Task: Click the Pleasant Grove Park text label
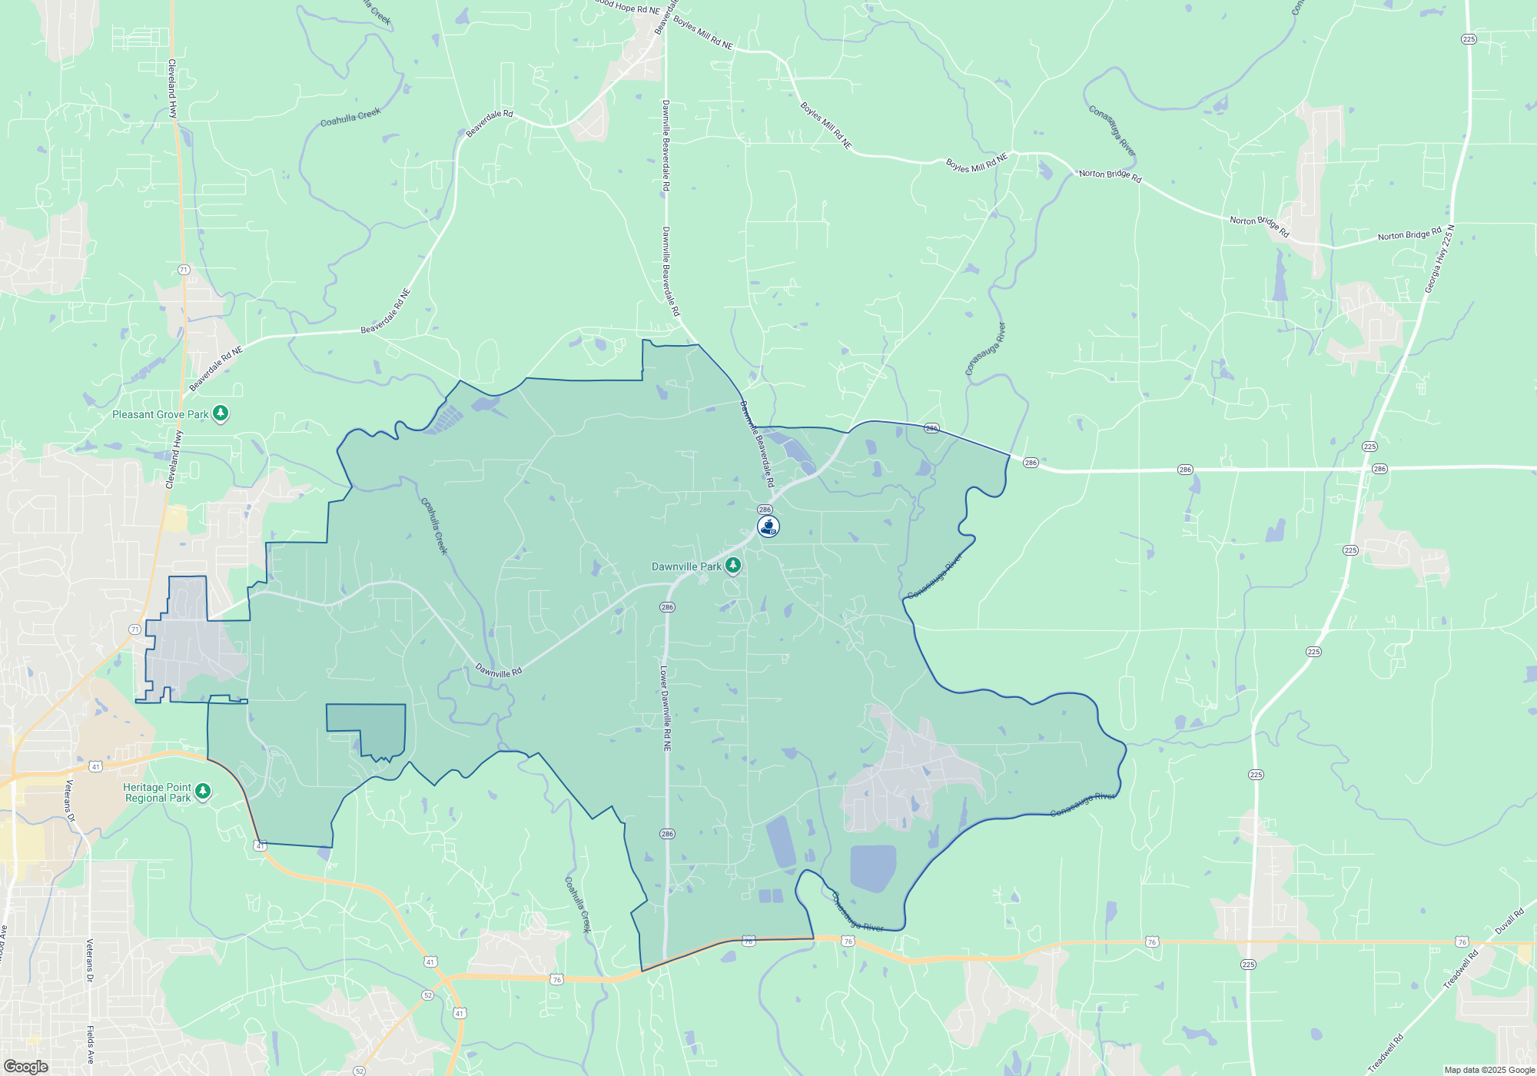tap(160, 414)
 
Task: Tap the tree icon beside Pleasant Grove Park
tap(221, 413)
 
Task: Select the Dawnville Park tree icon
tap(733, 566)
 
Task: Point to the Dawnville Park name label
tap(686, 566)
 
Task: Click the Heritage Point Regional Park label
tap(158, 792)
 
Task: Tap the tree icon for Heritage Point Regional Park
tap(203, 791)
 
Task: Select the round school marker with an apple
tap(768, 526)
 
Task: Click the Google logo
tap(25, 1067)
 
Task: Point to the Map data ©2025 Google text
tap(1489, 1070)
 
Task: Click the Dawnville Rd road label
tap(498, 671)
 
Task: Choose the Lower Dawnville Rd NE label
tap(666, 709)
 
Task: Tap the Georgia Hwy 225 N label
tap(1439, 259)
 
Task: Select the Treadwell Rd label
tap(1461, 969)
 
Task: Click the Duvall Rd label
tap(1509, 922)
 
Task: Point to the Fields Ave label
tap(91, 1044)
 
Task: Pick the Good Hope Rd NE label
tap(628, 8)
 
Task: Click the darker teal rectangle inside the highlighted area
tap(366, 726)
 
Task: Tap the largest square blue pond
tap(873, 867)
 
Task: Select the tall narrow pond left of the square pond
tap(781, 842)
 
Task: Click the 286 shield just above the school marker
tap(765, 510)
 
